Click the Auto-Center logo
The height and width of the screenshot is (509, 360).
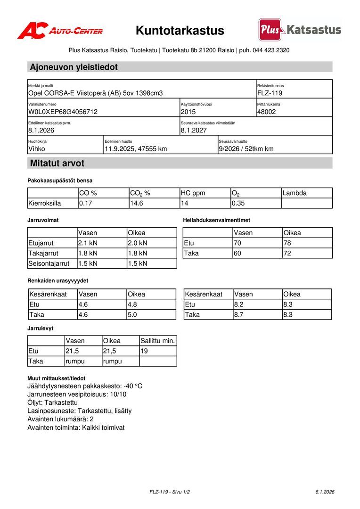(x=60, y=31)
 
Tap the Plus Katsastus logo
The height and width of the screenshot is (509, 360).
(x=300, y=30)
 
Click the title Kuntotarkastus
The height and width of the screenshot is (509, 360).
(x=180, y=31)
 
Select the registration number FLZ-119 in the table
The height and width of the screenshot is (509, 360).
(x=270, y=93)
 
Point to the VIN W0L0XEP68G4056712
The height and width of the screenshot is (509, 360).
(x=63, y=112)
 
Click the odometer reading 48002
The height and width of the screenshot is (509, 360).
(x=267, y=112)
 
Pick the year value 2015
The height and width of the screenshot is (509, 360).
(x=188, y=112)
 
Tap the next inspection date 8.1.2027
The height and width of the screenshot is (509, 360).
(x=194, y=131)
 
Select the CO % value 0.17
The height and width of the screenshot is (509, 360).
(x=85, y=204)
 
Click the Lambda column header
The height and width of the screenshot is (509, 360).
(x=295, y=193)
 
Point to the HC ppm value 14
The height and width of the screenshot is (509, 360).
(x=185, y=204)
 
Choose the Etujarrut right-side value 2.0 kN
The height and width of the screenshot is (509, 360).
(x=138, y=243)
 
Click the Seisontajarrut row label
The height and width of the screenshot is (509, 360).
(x=49, y=263)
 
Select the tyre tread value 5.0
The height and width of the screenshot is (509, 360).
(x=132, y=315)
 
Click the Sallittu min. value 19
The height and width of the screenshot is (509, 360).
(x=144, y=351)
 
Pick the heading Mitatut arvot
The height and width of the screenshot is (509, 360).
(x=57, y=164)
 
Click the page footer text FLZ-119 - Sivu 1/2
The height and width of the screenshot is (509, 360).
(x=170, y=492)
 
